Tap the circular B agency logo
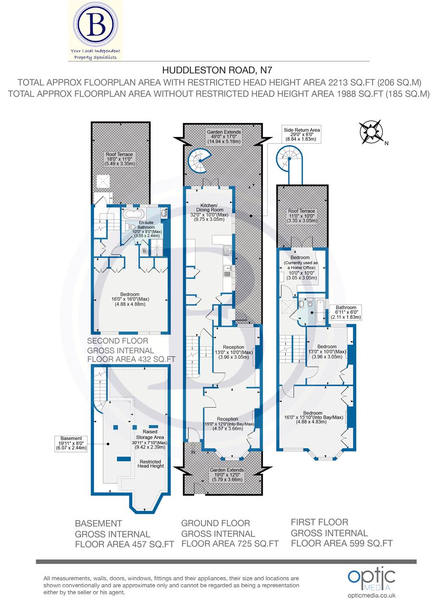coord(95,23)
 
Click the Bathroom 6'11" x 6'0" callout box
coord(345,312)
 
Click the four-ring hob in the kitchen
coord(228,250)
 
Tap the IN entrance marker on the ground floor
coord(193,452)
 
